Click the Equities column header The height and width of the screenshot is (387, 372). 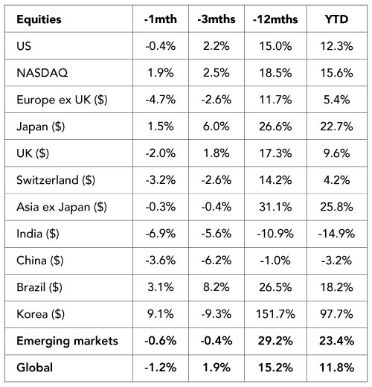click(x=39, y=19)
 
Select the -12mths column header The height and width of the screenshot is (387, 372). click(x=275, y=19)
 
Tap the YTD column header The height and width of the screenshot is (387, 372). click(x=336, y=19)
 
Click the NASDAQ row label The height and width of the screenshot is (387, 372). click(x=42, y=73)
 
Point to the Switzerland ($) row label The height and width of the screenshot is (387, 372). click(x=56, y=180)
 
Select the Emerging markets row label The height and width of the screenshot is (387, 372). click(x=67, y=341)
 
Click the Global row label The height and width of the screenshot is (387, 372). click(x=34, y=368)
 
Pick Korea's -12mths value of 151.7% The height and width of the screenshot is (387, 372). click(x=275, y=314)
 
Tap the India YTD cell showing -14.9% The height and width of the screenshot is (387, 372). click(x=336, y=234)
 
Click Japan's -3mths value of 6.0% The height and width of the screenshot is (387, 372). click(x=217, y=127)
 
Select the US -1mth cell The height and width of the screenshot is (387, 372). click(x=161, y=46)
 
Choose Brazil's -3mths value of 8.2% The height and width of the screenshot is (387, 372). click(x=217, y=287)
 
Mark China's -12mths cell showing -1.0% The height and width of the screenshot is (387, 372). click(x=275, y=260)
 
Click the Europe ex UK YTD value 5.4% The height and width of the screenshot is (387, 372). click(x=336, y=100)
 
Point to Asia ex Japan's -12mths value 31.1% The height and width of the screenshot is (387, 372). click(x=275, y=207)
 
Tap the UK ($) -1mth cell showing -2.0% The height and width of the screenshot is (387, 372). click(x=161, y=153)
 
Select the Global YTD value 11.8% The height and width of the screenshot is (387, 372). click(x=336, y=368)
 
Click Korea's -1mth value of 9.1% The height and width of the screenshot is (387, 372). click(x=161, y=314)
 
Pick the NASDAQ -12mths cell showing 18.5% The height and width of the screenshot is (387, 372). click(x=275, y=73)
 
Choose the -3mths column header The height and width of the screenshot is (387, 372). click(x=217, y=19)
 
